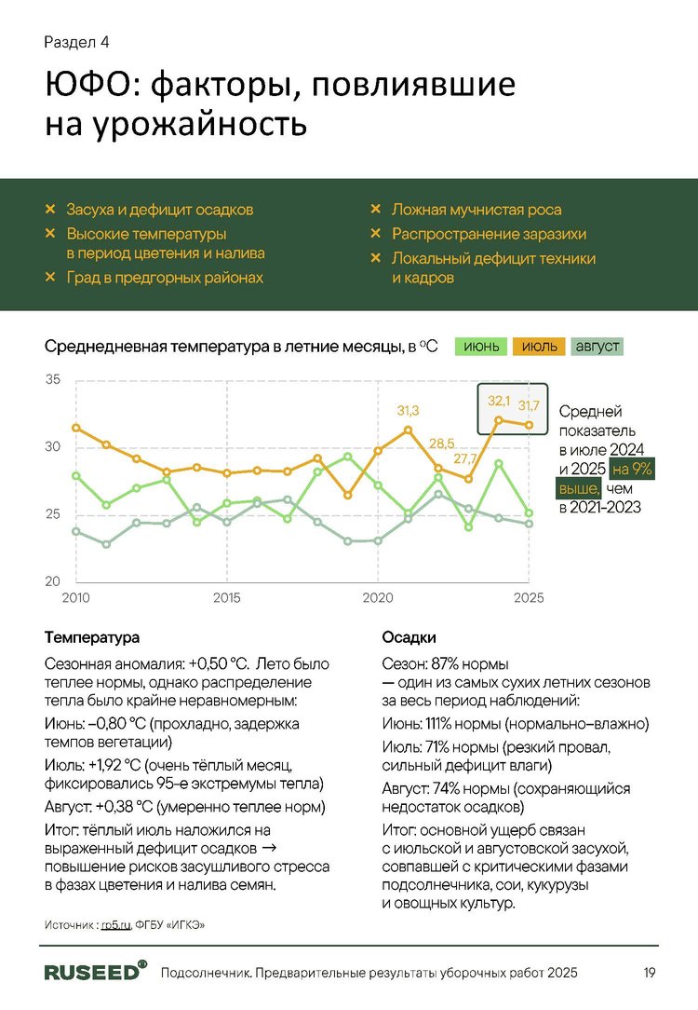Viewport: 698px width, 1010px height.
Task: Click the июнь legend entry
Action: (x=480, y=348)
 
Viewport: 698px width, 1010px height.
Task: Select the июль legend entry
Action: (x=539, y=348)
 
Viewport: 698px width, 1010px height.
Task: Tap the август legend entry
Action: (x=597, y=348)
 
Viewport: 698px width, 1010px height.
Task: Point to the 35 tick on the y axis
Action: (x=52, y=380)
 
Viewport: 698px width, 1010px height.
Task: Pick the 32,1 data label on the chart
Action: (x=500, y=401)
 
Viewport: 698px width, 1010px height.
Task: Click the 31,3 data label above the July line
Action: (x=408, y=411)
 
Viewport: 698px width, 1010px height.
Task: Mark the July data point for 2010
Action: (x=75, y=428)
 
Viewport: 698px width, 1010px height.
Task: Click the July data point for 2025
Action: (x=530, y=426)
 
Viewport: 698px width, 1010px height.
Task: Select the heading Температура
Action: (x=92, y=638)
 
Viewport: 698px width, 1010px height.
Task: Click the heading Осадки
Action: (x=409, y=638)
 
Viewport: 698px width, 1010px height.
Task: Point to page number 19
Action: (x=650, y=973)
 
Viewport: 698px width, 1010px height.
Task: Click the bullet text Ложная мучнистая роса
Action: (x=476, y=211)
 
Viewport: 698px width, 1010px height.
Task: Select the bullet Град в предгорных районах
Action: (x=165, y=278)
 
